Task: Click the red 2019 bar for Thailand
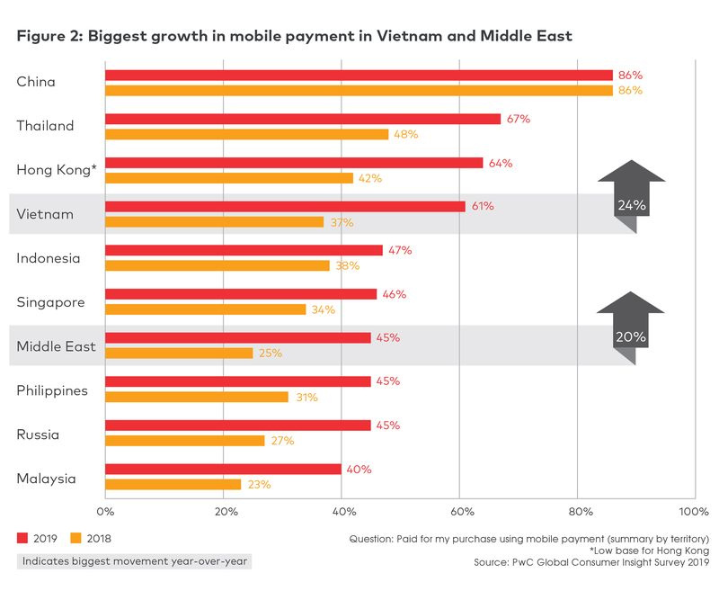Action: point(303,120)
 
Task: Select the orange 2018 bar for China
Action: point(359,90)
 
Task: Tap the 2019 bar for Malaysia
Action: point(223,470)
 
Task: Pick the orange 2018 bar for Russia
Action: point(185,441)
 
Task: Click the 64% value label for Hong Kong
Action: point(501,164)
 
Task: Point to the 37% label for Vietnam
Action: point(342,222)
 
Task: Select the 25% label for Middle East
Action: point(271,354)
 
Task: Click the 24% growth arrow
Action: point(632,196)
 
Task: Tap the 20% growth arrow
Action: point(631,328)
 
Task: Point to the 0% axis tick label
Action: point(105,512)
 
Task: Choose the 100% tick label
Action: point(694,512)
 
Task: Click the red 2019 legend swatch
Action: point(22,538)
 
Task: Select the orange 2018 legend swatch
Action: point(75,538)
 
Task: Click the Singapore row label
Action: point(51,303)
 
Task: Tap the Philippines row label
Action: point(52,391)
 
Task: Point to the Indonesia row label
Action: point(49,258)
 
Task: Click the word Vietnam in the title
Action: point(406,36)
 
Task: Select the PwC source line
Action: point(591,562)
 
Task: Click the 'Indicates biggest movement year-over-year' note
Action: point(134,561)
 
